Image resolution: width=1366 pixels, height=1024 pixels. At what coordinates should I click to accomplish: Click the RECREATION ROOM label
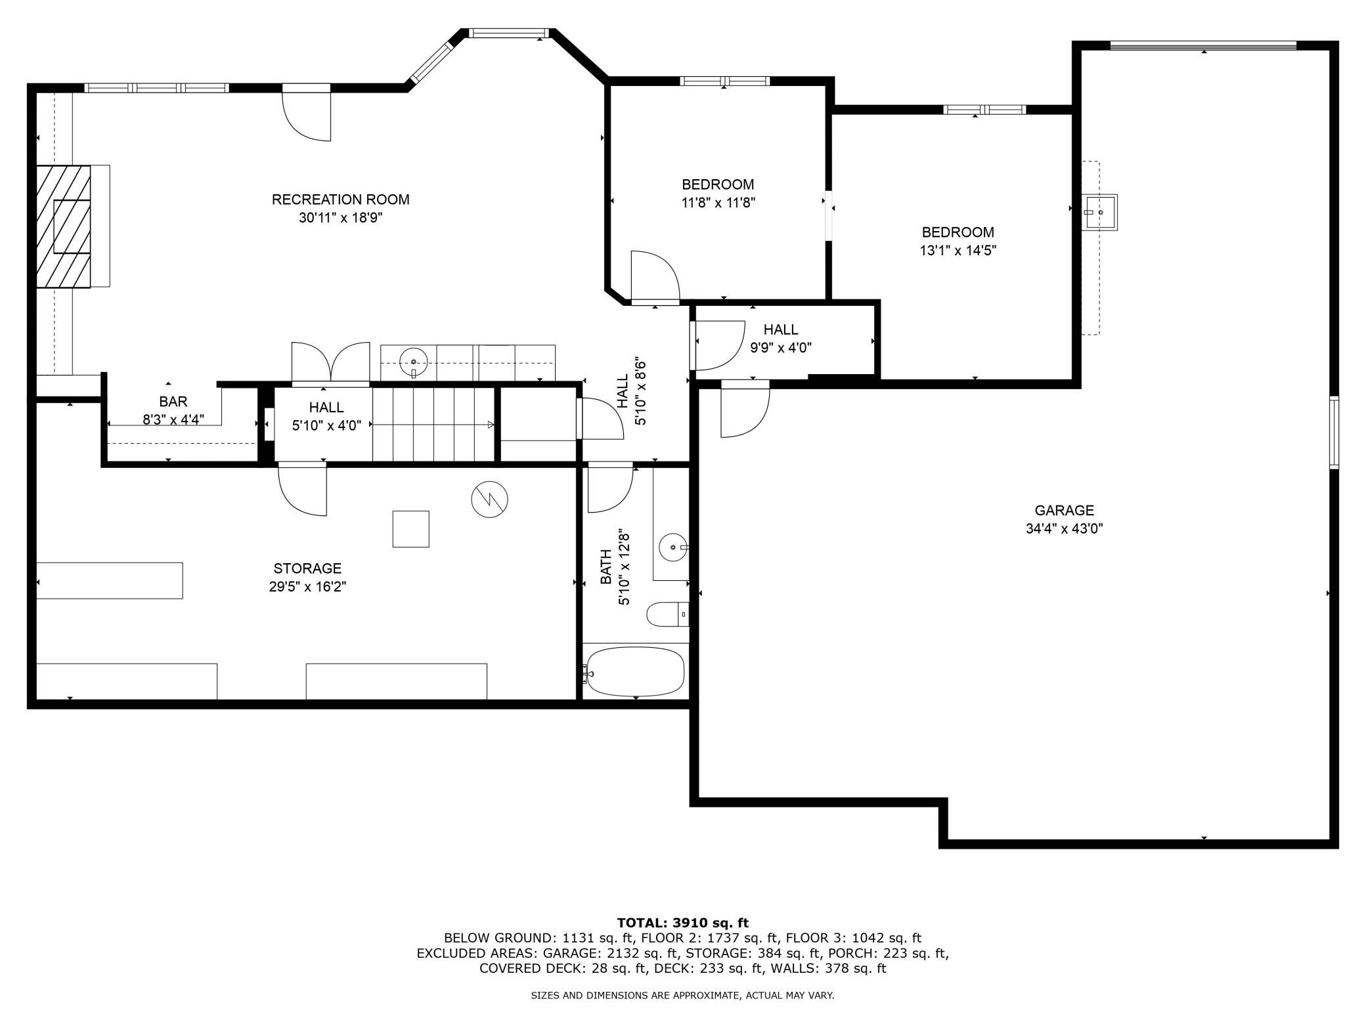(x=340, y=200)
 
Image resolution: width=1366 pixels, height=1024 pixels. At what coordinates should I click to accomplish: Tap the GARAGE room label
(x=1065, y=510)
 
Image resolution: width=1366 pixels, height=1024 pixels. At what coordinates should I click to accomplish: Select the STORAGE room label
(x=307, y=568)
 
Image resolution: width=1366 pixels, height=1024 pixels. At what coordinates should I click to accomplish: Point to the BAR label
(x=173, y=402)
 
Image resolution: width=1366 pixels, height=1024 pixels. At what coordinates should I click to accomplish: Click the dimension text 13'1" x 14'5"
(x=958, y=250)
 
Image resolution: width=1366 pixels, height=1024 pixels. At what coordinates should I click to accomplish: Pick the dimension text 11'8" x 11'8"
(x=718, y=203)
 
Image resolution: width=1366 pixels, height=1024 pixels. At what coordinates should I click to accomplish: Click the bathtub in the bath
(x=635, y=672)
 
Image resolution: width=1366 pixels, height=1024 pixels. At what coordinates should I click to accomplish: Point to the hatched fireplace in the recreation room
(x=63, y=226)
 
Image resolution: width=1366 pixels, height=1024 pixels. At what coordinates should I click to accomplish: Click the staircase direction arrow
(x=433, y=425)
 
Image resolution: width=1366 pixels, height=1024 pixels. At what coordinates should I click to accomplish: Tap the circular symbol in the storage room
(x=490, y=500)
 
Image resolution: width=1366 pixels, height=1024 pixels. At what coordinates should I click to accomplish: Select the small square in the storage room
(x=411, y=529)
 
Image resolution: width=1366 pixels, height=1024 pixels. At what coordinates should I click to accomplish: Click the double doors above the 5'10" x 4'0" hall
(x=331, y=362)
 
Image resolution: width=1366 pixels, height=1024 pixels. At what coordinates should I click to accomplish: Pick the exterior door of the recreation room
(x=306, y=112)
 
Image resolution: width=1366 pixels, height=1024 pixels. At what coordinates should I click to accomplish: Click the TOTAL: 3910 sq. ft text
(x=683, y=922)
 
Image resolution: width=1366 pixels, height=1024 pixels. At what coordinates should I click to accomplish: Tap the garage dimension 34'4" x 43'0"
(x=1065, y=528)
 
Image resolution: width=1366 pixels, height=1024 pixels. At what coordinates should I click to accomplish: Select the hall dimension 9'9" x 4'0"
(x=781, y=347)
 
